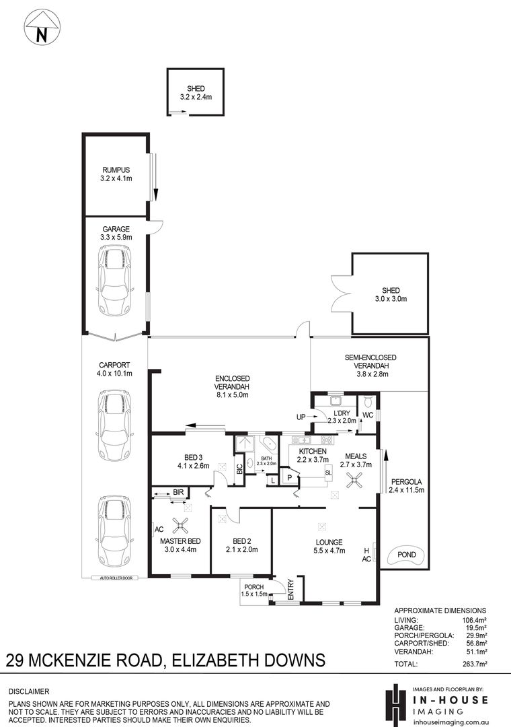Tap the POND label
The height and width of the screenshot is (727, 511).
[x=406, y=555]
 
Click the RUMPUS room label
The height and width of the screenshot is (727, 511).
[x=116, y=170]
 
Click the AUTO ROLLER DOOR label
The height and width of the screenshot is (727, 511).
[x=115, y=578]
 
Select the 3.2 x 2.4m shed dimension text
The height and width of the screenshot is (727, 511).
[x=196, y=97]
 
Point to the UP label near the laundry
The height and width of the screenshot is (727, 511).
[x=301, y=417]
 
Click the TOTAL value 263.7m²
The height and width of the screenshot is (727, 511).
[x=473, y=664]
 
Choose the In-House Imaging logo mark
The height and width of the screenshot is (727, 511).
[x=395, y=702]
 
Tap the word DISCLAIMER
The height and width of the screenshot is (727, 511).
[x=29, y=691]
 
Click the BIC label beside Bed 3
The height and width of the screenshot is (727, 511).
[x=239, y=469]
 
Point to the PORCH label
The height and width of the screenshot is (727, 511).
[x=254, y=587]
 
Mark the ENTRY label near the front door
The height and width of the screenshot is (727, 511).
[x=291, y=590]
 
